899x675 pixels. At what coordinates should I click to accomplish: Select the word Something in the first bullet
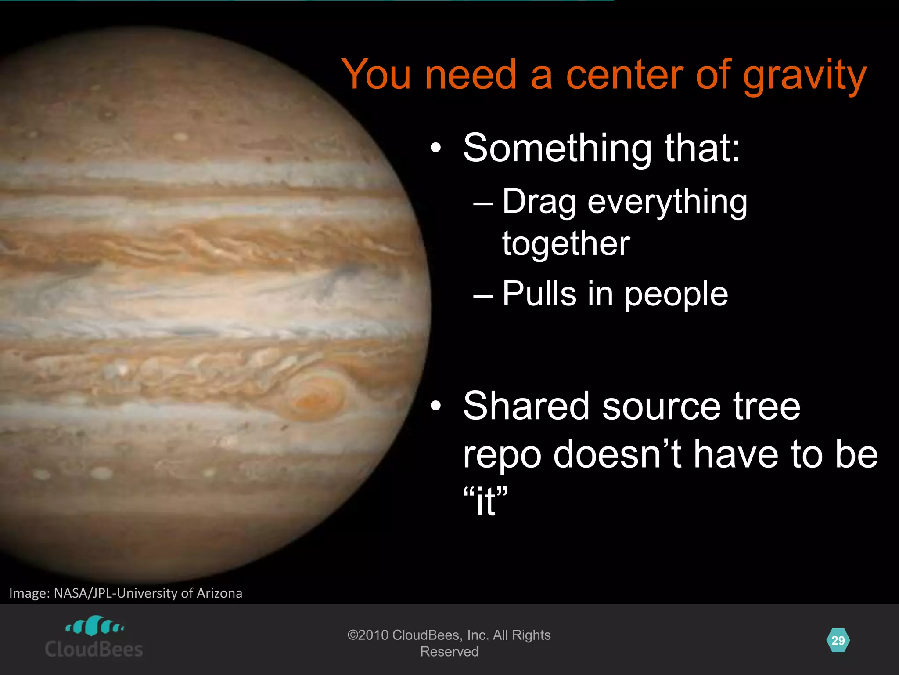[x=557, y=149]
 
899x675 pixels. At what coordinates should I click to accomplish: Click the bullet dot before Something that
[x=435, y=149]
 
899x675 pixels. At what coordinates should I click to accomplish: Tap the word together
[x=566, y=244]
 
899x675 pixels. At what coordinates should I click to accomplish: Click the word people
[x=676, y=294]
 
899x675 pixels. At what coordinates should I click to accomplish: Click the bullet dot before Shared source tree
[x=435, y=406]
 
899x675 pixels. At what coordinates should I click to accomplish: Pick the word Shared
[x=525, y=406]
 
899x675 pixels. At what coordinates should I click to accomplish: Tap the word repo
[x=502, y=455]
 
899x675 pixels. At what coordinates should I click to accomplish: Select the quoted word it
[x=485, y=502]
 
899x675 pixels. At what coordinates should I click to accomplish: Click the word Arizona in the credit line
[x=219, y=593]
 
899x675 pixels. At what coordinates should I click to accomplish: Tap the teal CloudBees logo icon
[x=94, y=626]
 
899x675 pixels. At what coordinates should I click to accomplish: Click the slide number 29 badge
[x=838, y=641]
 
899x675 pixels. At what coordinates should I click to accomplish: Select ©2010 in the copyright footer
[x=367, y=635]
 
